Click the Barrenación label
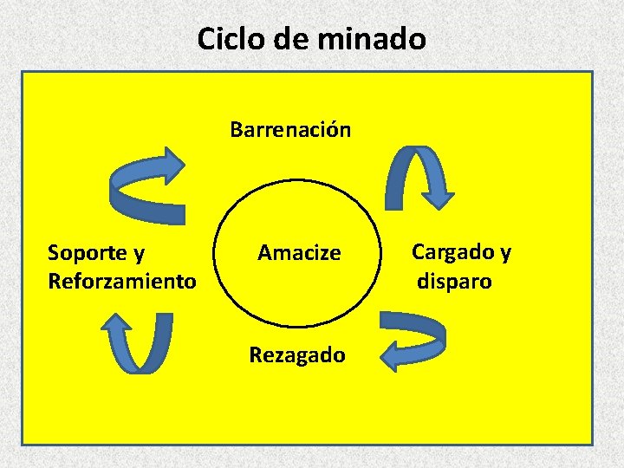tap(290, 130)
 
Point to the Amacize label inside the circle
tap(299, 253)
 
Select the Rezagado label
tap(296, 354)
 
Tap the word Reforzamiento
tap(121, 282)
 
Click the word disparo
tap(455, 282)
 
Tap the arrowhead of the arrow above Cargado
tap(440, 195)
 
